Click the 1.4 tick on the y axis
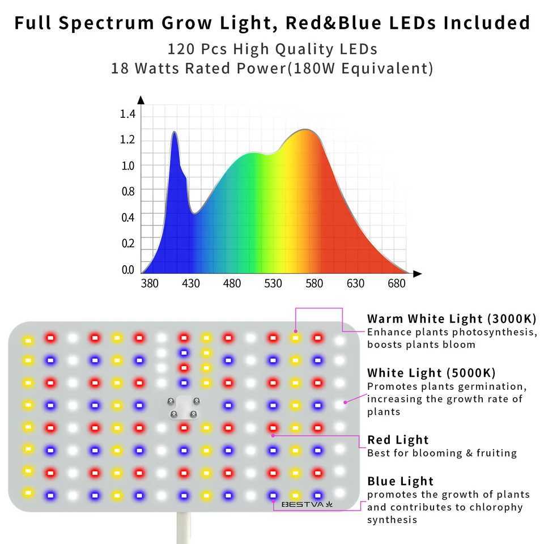[128, 114]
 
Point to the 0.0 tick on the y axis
[128, 270]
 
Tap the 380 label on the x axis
[150, 283]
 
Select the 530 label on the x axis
[273, 283]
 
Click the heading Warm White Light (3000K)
[452, 318]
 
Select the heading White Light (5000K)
[431, 373]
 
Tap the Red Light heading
[398, 440]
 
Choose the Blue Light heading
[400, 481]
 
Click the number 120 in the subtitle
[180, 49]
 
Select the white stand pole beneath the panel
[182, 528]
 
